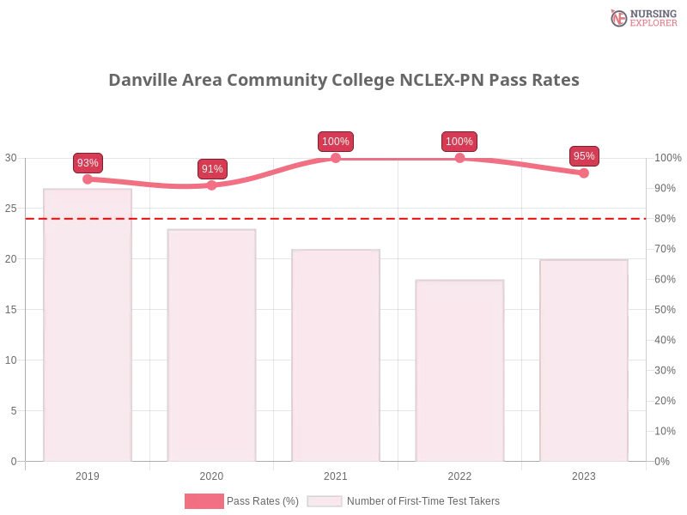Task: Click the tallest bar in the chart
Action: pyautogui.click(x=88, y=326)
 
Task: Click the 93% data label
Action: pyautogui.click(x=88, y=163)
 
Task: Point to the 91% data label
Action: pyautogui.click(x=212, y=169)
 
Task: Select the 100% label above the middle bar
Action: pyautogui.click(x=336, y=142)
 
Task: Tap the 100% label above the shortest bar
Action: pyautogui.click(x=459, y=142)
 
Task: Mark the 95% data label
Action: pyautogui.click(x=584, y=156)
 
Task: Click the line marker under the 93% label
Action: pyautogui.click(x=88, y=179)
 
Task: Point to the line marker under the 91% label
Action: pyautogui.click(x=212, y=185)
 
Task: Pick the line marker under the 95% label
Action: pyautogui.click(x=584, y=173)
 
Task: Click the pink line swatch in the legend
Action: pyautogui.click(x=204, y=501)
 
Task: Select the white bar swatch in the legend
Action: pyautogui.click(x=325, y=501)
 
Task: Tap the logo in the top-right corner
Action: pyautogui.click(x=641, y=17)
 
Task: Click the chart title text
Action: pyautogui.click(x=343, y=81)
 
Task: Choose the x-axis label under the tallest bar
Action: pyautogui.click(x=88, y=474)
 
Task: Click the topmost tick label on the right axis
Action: pyautogui.click(x=666, y=158)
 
